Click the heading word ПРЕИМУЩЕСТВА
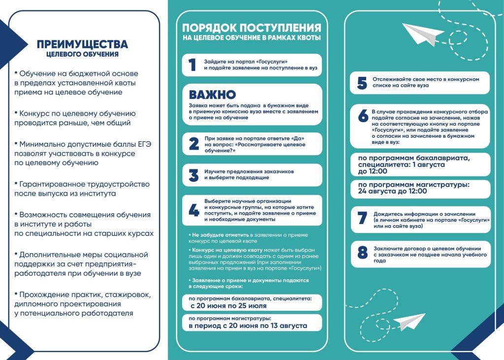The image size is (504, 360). [82, 45]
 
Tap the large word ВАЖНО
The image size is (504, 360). [213, 95]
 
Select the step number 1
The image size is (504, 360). [192, 65]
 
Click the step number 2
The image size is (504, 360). [193, 144]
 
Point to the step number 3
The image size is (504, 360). [193, 175]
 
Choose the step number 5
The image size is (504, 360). [362, 83]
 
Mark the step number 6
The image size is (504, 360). [363, 116]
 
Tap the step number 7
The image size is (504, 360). [362, 219]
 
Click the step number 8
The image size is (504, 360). [362, 253]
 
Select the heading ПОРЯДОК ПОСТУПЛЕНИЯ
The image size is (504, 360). [252, 28]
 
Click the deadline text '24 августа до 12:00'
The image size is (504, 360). [392, 191]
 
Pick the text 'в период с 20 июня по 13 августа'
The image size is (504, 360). [248, 326]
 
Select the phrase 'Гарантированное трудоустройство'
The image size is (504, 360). [85, 184]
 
